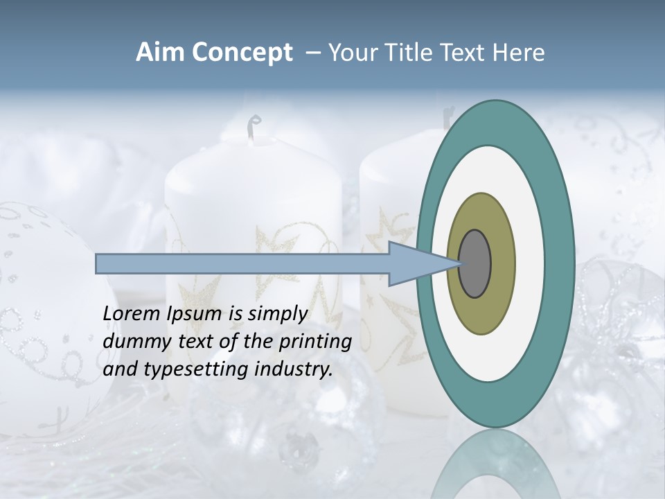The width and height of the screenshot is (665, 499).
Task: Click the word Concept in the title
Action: [242, 53]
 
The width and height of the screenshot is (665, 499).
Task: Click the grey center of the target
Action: [475, 264]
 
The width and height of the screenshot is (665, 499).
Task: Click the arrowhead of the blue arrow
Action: [416, 264]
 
